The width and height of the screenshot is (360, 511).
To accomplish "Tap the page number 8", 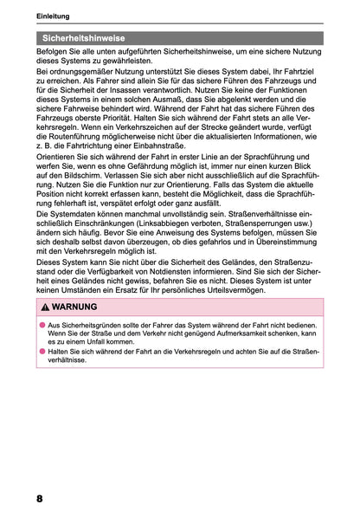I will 40,499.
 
